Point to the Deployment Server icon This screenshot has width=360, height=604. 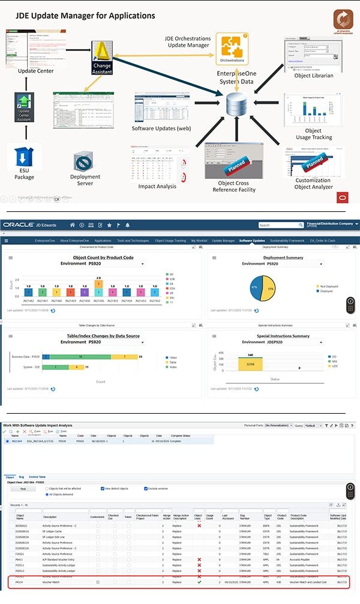pos(85,163)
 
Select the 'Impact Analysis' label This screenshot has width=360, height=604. pos(157,186)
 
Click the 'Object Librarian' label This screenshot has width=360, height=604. pos(314,76)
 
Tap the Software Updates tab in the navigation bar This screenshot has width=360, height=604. pos(251,240)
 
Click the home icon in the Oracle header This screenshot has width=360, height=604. pos(72,225)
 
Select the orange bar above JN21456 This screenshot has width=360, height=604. pos(98,284)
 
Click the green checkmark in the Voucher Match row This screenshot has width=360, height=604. pos(199,582)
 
